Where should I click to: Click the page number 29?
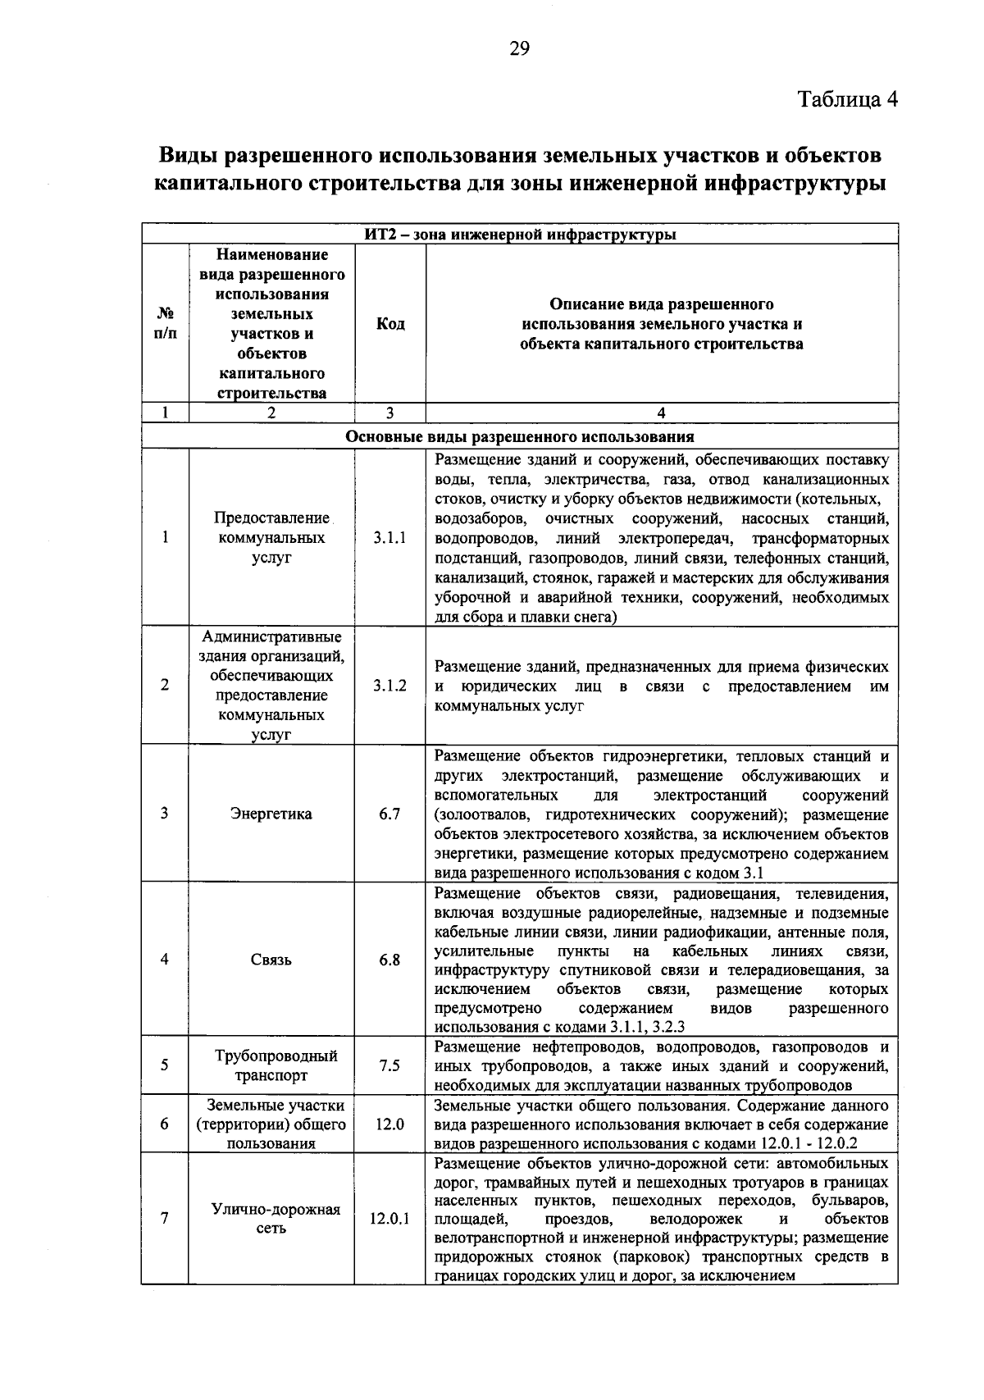[520, 50]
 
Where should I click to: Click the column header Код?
[389, 324]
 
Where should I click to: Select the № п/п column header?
[165, 324]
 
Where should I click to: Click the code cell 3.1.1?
[389, 538]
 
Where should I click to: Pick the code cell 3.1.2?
[389, 686]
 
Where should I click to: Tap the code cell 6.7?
[389, 814]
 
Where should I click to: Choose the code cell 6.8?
[389, 960]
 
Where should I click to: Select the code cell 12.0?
[389, 1124]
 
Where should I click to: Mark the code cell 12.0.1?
[389, 1219]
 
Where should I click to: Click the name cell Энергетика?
[271, 814]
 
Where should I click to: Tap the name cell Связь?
[271, 960]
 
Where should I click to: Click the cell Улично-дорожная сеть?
[271, 1219]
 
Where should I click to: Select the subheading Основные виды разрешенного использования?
[520, 436]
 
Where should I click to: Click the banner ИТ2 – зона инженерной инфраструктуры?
[520, 235]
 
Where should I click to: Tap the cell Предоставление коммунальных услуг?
[271, 538]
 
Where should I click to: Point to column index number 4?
[662, 413]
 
